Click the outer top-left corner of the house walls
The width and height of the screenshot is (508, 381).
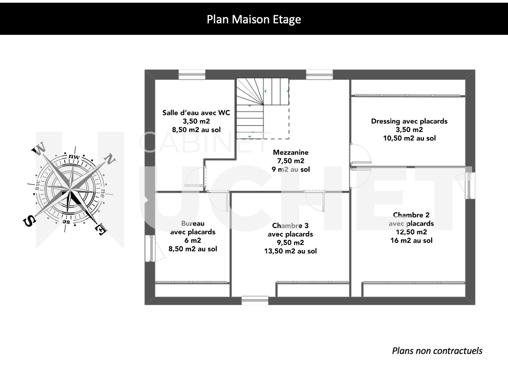tap(145, 70)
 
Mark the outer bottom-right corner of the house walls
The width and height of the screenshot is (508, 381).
tap(475, 305)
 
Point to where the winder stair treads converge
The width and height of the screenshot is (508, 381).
tap(263, 105)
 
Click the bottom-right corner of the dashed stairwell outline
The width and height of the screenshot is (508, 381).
tap(289, 139)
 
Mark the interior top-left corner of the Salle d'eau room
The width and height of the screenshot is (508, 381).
tap(155, 80)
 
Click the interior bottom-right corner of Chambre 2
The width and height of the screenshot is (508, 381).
tap(465, 297)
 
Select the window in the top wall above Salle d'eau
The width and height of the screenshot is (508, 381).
tap(192, 74)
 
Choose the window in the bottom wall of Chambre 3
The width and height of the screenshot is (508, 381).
tap(255, 300)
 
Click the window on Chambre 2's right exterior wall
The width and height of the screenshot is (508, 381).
tap(470, 185)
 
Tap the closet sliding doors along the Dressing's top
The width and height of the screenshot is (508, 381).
tap(407, 95)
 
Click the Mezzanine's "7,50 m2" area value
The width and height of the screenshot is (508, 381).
tap(291, 161)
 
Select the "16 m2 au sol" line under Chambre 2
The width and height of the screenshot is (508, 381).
tap(411, 241)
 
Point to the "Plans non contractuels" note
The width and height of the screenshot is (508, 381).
tap(437, 351)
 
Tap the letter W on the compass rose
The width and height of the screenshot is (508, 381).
tap(39, 148)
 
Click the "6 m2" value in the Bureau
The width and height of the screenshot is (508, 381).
tap(193, 241)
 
